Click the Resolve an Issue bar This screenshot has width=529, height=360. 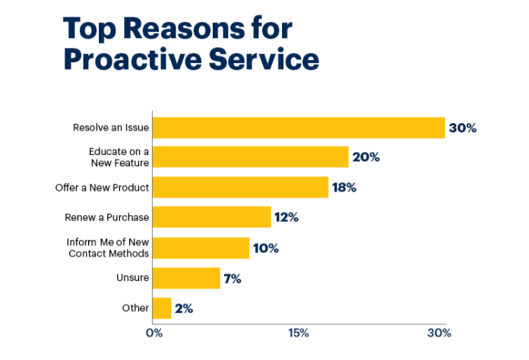coord(298,128)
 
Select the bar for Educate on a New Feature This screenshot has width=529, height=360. coord(250,157)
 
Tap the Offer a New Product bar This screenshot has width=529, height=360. coord(240,187)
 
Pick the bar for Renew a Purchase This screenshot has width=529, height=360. coord(211,217)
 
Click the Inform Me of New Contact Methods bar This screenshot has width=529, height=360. coord(201,248)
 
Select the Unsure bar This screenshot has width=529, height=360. coord(186,278)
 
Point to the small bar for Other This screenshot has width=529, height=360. coord(162,308)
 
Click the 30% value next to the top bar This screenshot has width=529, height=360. coord(462,128)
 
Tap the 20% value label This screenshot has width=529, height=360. coord(366,157)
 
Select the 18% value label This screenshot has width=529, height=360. coord(344,187)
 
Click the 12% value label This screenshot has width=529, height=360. coord(287,217)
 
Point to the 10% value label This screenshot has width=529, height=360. coord(265,248)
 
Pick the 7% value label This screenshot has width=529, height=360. coord(232,278)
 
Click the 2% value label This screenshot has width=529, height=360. coord(184,308)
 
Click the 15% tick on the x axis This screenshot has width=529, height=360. coord(297,333)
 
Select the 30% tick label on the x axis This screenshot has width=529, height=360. coord(439,333)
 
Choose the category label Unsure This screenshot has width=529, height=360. coord(132,278)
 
